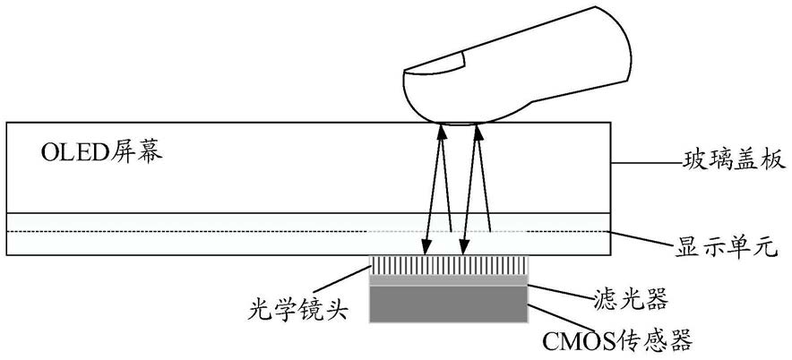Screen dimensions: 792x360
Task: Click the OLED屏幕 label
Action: tap(101, 152)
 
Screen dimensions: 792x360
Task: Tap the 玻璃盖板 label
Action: tap(735, 161)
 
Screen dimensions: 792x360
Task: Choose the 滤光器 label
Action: tap(629, 301)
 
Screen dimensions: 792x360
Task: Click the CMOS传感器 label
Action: tap(616, 341)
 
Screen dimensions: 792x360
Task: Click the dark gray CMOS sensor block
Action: tap(449, 304)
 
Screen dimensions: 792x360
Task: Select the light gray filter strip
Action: tap(449, 280)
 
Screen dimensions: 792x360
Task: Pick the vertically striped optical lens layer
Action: tap(449, 266)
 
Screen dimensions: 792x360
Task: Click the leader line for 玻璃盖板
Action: tap(646, 163)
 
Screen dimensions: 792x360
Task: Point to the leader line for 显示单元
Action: tap(641, 239)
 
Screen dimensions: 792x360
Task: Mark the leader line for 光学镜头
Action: tap(345, 280)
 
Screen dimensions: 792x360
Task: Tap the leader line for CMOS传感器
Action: tap(560, 318)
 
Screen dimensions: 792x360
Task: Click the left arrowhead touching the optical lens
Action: tap(426, 248)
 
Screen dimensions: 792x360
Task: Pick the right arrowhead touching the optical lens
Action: tap(461, 248)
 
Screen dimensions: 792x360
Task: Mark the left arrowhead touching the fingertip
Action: tap(442, 132)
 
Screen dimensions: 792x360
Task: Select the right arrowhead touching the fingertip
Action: tap(477, 132)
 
